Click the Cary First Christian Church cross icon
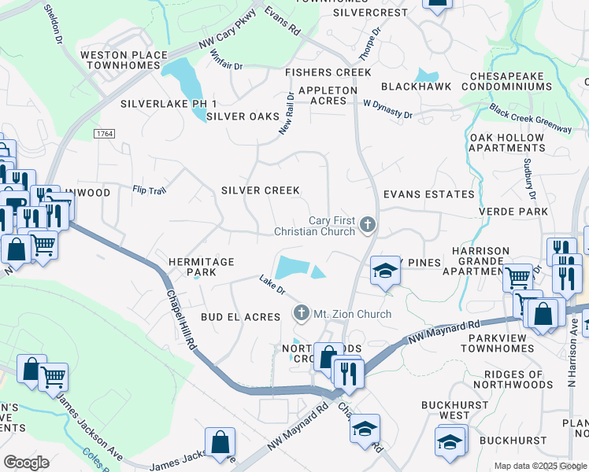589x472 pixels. coord(366,226)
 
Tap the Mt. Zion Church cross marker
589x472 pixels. coord(301,314)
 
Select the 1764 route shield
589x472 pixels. coord(104,135)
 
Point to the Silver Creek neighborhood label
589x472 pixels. coord(260,190)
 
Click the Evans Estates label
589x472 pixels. coord(429,194)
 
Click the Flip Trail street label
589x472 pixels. coord(150,190)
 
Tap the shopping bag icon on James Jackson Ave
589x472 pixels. coord(220,442)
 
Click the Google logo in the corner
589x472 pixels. coord(26,463)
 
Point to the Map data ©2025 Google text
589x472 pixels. coord(540,466)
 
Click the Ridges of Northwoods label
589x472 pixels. coord(509,378)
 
